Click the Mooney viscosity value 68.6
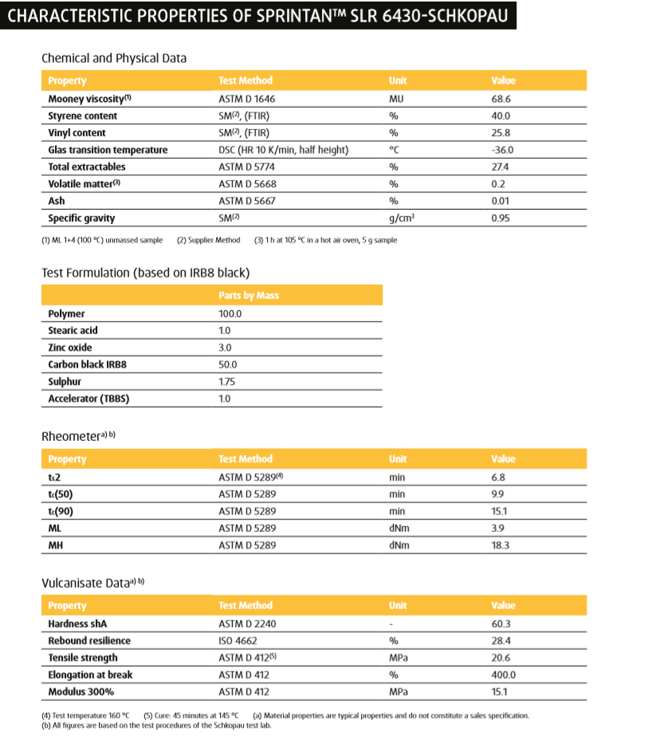(x=501, y=99)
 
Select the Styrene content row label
(x=82, y=116)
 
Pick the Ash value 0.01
(x=501, y=201)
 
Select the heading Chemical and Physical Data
(x=114, y=58)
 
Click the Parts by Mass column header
(x=249, y=296)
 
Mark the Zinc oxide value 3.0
(x=225, y=348)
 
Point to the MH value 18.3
(x=501, y=545)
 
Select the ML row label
(x=55, y=529)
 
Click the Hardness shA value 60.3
(x=501, y=624)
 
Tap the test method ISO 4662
(x=238, y=640)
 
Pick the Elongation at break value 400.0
(x=503, y=675)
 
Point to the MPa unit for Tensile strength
(x=399, y=658)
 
